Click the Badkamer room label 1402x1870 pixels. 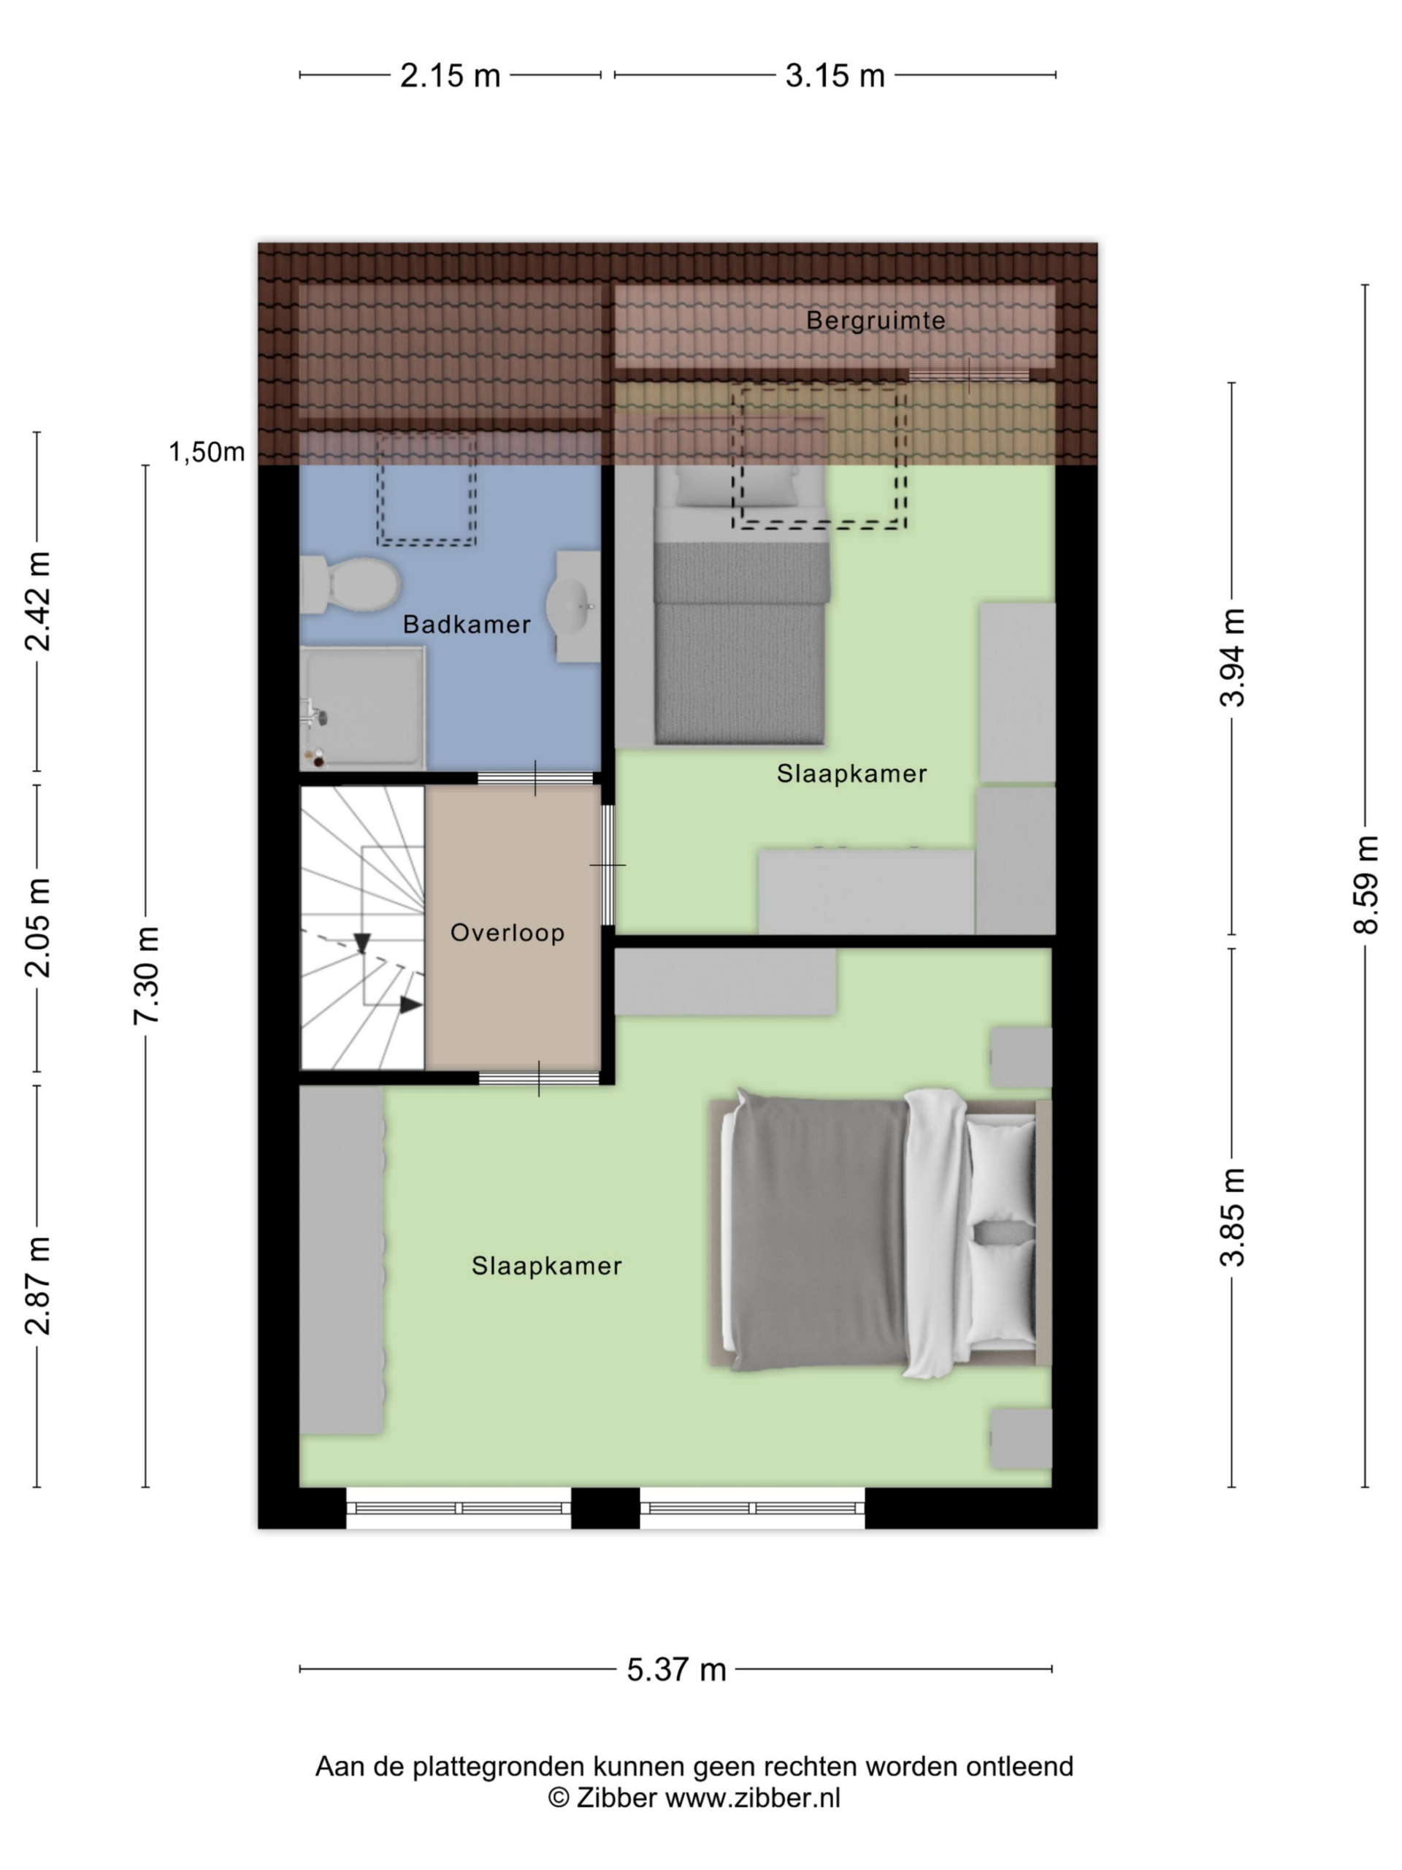pos(466,625)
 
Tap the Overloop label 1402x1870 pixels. pos(507,933)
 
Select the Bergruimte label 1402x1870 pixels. pos(875,321)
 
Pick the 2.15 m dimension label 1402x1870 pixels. pos(450,76)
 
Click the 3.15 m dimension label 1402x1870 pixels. pos(834,76)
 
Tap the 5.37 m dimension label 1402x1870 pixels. pos(676,1670)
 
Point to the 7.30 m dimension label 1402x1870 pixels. pos(146,976)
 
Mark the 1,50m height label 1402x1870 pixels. pos(207,452)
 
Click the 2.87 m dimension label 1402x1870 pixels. pos(38,1285)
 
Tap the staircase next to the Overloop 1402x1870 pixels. pos(361,928)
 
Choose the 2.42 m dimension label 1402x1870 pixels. pos(38,601)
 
